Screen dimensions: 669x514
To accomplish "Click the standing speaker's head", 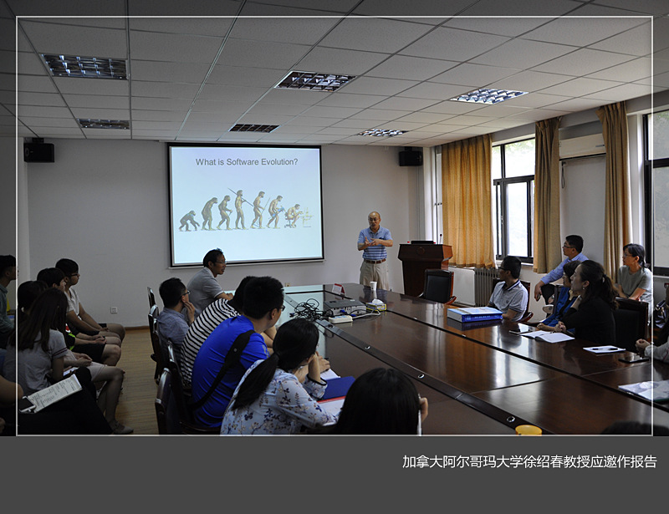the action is pyautogui.click(x=374, y=220).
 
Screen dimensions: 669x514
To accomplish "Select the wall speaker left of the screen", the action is pyautogui.click(x=38, y=152).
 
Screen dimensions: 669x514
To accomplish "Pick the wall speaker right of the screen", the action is pyautogui.click(x=411, y=157).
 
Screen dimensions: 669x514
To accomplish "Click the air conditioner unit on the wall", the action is pyautogui.click(x=582, y=145).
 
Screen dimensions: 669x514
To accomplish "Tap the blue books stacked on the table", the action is pyautogui.click(x=474, y=314).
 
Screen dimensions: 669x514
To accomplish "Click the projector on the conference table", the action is pyautogui.click(x=345, y=307).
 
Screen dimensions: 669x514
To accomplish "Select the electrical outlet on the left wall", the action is pyautogui.click(x=114, y=309).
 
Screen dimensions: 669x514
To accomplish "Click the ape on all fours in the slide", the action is pyautogui.click(x=188, y=221).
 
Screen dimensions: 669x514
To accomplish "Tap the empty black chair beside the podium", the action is pyautogui.click(x=437, y=286).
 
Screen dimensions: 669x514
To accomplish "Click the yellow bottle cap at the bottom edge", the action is pyautogui.click(x=529, y=430).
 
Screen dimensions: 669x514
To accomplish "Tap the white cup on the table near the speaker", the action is pyautogui.click(x=373, y=290).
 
